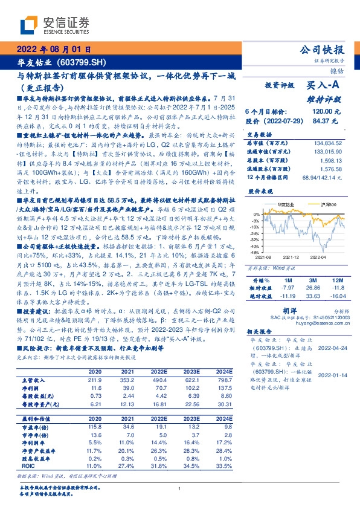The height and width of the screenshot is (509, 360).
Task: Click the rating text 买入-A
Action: [x=326, y=86]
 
